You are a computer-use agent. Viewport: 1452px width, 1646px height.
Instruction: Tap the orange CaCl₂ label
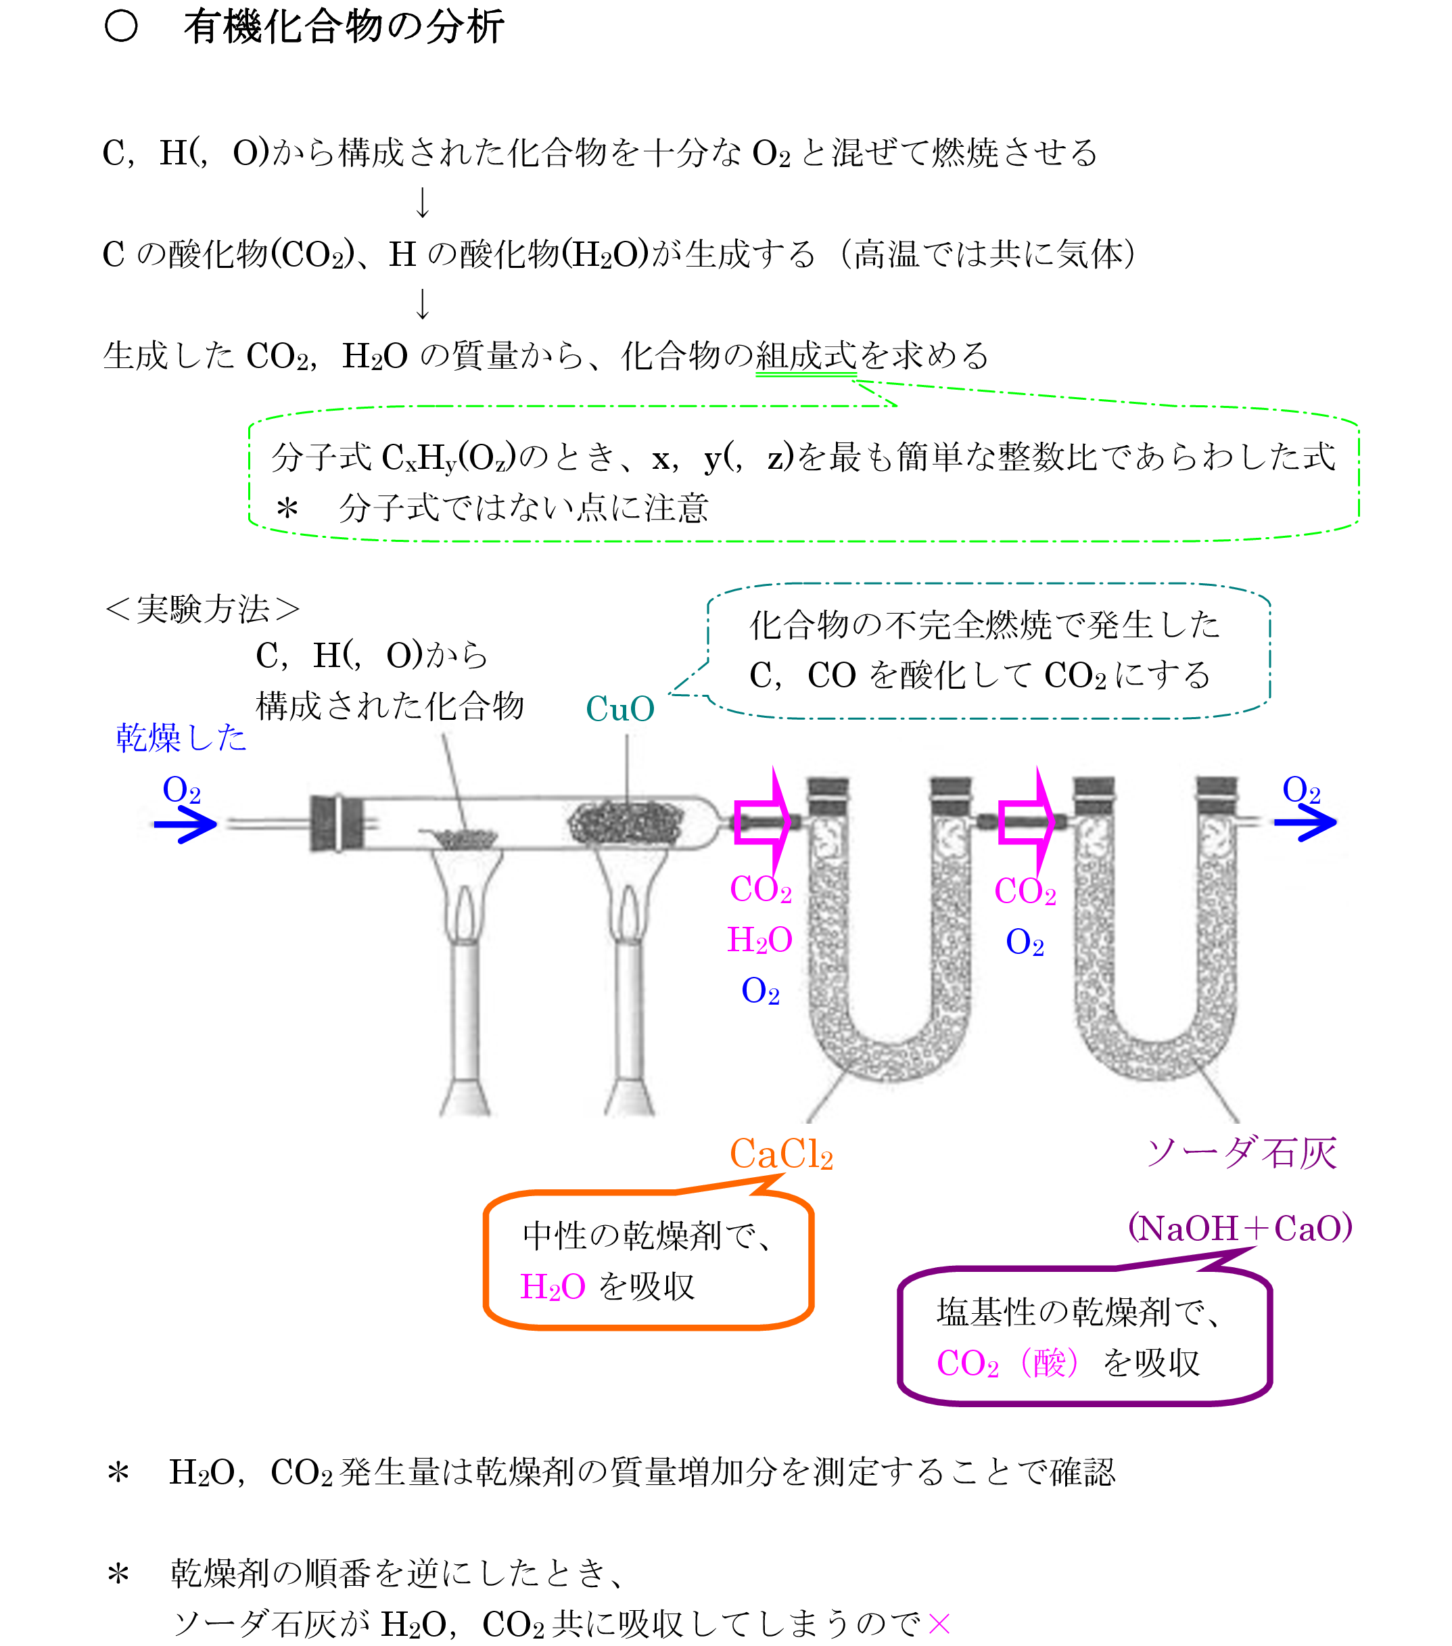pos(780,1154)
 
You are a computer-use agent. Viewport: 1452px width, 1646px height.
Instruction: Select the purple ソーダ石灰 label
pos(1242,1152)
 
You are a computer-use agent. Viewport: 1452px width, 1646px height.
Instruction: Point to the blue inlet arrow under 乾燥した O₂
pos(186,824)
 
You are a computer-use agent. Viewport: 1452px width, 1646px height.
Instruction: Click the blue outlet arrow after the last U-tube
pos(1305,822)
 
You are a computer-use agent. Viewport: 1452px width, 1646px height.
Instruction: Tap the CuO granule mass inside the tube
pos(626,822)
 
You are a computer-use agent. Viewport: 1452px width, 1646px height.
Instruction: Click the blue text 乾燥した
pos(181,737)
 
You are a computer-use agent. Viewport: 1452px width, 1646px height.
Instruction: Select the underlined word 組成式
pos(805,355)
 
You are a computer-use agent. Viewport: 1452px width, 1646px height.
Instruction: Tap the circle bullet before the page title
pos(122,26)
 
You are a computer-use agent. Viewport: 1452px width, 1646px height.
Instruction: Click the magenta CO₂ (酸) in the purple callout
pos(1007,1363)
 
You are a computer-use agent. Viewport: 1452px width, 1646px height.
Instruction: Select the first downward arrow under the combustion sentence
pos(423,202)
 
